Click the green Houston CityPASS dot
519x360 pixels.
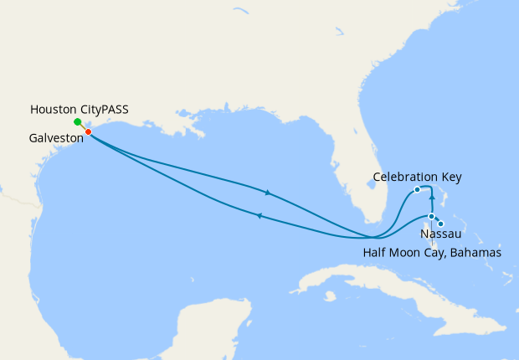[x=77, y=122]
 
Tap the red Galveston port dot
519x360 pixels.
[x=88, y=131]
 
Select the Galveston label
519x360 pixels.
[x=55, y=140]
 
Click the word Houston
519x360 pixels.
[x=56, y=110]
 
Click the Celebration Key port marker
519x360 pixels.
[x=417, y=190]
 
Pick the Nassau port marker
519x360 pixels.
[x=431, y=217]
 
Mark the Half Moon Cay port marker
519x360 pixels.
[x=440, y=223]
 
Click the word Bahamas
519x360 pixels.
[x=476, y=252]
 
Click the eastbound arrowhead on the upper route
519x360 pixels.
[x=268, y=193]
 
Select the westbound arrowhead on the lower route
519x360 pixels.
[x=259, y=216]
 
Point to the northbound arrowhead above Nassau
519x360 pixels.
[x=431, y=198]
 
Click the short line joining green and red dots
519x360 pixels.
[x=83, y=127]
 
